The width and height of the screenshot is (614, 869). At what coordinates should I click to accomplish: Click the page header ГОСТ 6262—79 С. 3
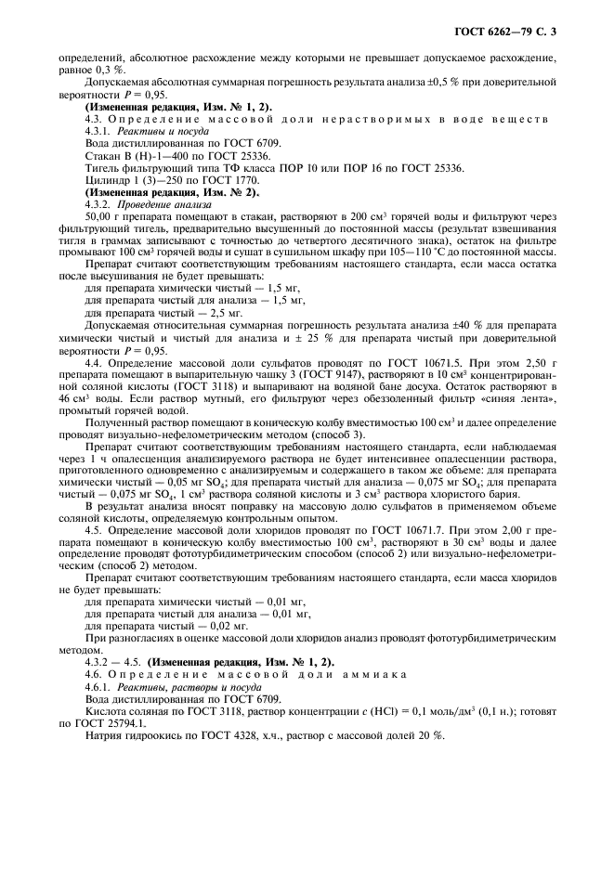tap(521, 33)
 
